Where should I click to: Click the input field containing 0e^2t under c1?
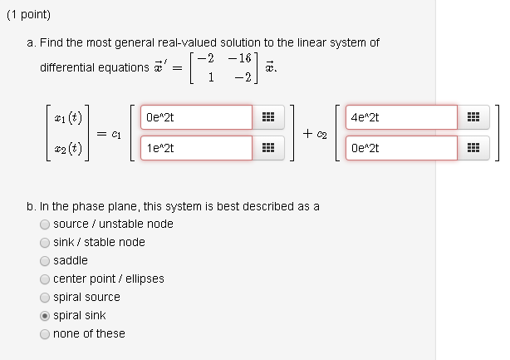pos(196,117)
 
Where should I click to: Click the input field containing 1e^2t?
pos(196,148)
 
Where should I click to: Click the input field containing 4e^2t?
pos(401,117)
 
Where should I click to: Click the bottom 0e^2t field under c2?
pos(401,148)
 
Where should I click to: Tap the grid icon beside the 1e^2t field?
pos(268,149)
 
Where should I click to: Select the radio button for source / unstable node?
pos(44,224)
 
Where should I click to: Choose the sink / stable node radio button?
pos(44,242)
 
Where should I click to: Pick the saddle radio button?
pos(44,260)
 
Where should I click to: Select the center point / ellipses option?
pos(44,279)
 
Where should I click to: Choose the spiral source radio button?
pos(44,297)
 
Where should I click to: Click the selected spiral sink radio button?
pos(44,316)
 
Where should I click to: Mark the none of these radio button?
pos(44,334)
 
